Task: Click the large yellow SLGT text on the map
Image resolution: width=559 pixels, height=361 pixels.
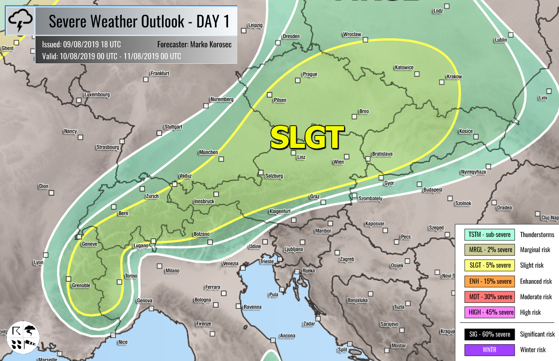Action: pyautogui.click(x=307, y=137)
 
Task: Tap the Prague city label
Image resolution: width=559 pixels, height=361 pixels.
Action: pyautogui.click(x=310, y=74)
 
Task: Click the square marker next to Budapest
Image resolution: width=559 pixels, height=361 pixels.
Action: pyautogui.click(x=419, y=184)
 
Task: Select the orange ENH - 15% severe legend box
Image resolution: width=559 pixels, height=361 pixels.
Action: pyautogui.click(x=490, y=281)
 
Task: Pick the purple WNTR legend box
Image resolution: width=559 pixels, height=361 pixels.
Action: pyautogui.click(x=489, y=350)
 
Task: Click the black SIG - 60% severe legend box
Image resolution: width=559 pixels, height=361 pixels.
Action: pyautogui.click(x=489, y=334)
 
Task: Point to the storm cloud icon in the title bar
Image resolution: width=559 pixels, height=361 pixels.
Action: pyautogui.click(x=20, y=21)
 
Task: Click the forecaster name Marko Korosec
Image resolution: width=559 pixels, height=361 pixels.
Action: pyautogui.click(x=211, y=45)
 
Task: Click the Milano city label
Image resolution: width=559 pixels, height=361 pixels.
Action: pyautogui.click(x=172, y=271)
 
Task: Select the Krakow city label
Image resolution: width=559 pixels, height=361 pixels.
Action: pyautogui.click(x=454, y=77)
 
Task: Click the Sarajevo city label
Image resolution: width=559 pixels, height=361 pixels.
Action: pyautogui.click(x=389, y=324)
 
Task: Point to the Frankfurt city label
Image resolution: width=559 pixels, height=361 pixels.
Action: pyautogui.click(x=160, y=73)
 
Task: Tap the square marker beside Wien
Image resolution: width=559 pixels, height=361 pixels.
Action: pyautogui.click(x=347, y=157)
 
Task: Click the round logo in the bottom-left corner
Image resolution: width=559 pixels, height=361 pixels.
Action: pyautogui.click(x=23, y=337)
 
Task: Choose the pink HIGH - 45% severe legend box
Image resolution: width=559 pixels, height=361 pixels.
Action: pyautogui.click(x=490, y=312)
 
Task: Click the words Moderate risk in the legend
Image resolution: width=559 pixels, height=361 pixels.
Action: pyautogui.click(x=536, y=297)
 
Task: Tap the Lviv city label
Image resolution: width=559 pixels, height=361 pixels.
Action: pyautogui.click(x=543, y=98)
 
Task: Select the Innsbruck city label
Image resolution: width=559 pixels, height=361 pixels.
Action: pyautogui.click(x=204, y=201)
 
